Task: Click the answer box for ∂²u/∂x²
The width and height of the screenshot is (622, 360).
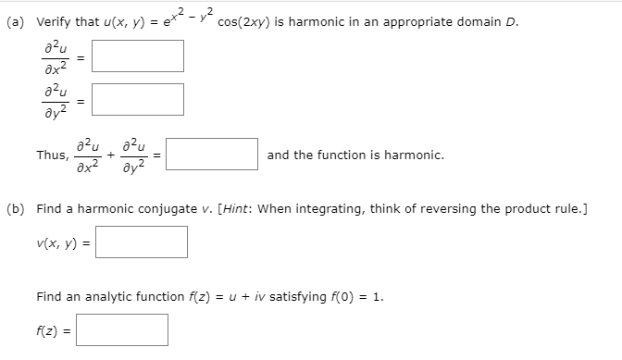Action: tap(138, 55)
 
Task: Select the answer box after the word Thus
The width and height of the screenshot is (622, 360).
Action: tap(212, 154)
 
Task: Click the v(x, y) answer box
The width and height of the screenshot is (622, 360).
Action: tap(142, 242)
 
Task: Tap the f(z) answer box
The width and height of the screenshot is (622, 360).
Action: tap(122, 329)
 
